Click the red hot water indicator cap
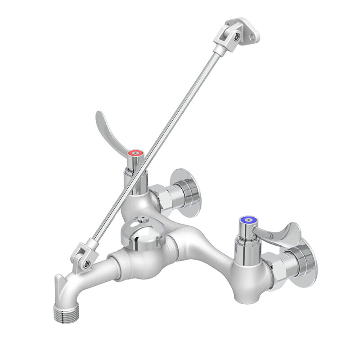tap(135, 153)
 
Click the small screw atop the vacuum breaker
tap(143, 220)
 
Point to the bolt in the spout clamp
tap(85, 265)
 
